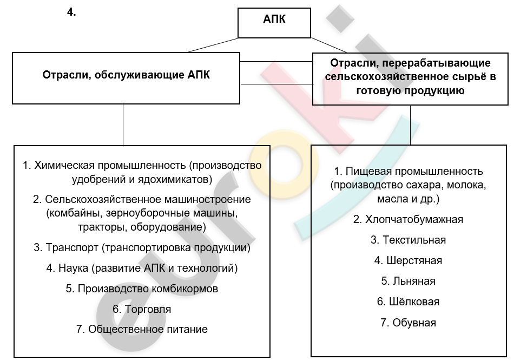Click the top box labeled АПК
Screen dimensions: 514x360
[274, 23]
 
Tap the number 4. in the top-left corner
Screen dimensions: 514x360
[71, 12]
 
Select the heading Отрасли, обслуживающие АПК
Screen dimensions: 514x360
[126, 75]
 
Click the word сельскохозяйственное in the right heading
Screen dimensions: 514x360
[387, 77]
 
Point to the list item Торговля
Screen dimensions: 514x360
[142, 309]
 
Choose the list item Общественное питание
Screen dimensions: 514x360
[142, 329]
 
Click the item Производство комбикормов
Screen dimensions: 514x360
[142, 289]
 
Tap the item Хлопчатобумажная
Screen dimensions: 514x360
[408, 219]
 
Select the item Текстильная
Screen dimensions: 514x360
[408, 240]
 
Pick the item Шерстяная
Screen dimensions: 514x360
[408, 260]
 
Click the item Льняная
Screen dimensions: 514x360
[408, 281]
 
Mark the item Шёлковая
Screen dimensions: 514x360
[408, 302]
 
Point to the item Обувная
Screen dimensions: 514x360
[408, 323]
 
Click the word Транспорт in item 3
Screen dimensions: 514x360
[72, 247]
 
